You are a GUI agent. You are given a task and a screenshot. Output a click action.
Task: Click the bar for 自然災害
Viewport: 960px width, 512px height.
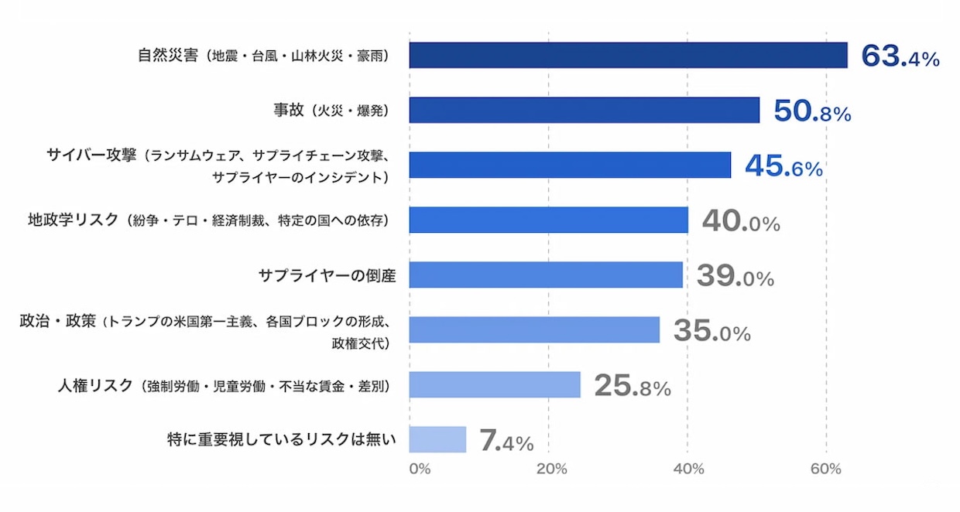[x=628, y=56]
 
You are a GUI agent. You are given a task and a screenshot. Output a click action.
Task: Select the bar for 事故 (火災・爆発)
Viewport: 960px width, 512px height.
[x=585, y=111]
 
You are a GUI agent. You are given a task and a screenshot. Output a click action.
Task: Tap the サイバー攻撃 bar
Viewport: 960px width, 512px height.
[x=570, y=166]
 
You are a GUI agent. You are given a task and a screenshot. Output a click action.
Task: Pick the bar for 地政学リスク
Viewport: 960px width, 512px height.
[x=548, y=220]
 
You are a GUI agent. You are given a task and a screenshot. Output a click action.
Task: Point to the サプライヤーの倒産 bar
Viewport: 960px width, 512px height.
[x=546, y=275]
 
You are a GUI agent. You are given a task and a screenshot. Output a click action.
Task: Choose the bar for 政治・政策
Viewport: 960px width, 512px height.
[x=534, y=329]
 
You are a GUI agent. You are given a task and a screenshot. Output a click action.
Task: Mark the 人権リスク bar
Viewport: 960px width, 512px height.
[x=495, y=384]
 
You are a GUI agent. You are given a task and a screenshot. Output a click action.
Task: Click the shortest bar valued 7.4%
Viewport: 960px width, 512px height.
[x=437, y=439]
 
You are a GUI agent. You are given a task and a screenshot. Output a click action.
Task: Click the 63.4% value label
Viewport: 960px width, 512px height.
[x=900, y=56]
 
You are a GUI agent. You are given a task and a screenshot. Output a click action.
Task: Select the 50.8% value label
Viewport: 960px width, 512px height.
[x=812, y=111]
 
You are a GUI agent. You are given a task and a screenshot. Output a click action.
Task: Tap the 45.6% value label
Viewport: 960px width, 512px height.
[x=783, y=166]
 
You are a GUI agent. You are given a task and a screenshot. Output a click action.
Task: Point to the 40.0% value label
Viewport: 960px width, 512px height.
[x=741, y=221]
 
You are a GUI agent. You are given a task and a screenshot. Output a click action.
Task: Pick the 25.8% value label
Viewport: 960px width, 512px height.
[x=632, y=385]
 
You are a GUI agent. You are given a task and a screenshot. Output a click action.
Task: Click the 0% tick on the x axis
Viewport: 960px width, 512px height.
[x=419, y=469]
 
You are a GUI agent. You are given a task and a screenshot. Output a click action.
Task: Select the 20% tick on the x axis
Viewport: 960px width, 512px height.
[x=551, y=469]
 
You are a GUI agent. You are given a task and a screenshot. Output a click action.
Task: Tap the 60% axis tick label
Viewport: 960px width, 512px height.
[x=826, y=469]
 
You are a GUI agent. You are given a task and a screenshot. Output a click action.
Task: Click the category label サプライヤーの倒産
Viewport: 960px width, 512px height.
[x=327, y=275]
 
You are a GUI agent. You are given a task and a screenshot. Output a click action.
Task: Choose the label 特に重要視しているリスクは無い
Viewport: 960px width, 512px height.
[x=281, y=440]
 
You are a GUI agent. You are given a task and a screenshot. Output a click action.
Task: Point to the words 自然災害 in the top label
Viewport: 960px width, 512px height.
[x=167, y=56]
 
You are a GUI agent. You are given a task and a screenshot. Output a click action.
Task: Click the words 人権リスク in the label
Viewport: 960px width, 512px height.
[x=96, y=385]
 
